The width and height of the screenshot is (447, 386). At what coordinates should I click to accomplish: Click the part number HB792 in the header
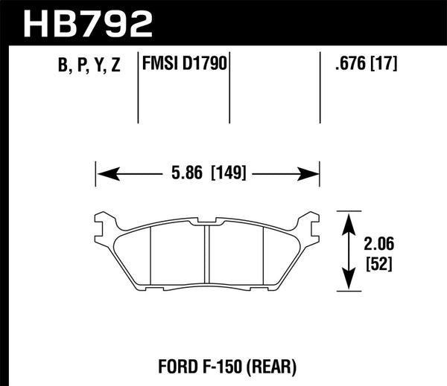89,22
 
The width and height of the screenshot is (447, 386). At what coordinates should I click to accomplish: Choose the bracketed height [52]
378,263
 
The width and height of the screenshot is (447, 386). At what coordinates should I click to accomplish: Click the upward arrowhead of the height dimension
346,220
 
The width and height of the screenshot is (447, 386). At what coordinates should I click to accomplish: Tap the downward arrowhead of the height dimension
346,283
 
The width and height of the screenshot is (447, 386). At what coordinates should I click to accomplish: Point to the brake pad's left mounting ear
104,220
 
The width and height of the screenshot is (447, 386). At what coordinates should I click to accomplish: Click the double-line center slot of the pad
208,253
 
